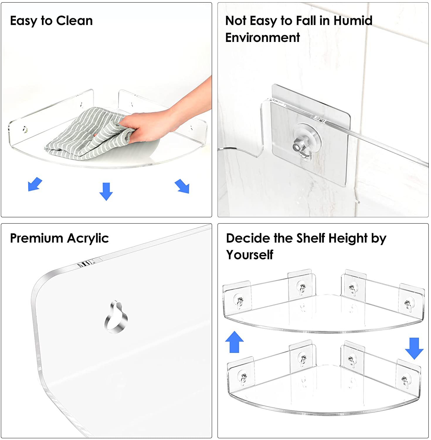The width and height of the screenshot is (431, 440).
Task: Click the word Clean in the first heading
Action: coord(74,21)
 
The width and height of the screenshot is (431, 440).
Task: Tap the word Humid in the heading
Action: coord(353,21)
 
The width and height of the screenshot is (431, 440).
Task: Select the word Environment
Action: coord(263,38)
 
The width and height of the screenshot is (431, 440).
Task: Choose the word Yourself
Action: coord(250,255)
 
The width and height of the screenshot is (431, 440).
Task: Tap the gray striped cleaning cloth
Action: coord(88,135)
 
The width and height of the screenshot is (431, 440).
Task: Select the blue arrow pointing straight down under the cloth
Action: coord(106,191)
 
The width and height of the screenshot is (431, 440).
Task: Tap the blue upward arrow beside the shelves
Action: coord(235,342)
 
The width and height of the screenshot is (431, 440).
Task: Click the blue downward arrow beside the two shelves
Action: coord(414,348)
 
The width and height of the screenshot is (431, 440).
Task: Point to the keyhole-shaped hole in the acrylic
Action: coord(116,317)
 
